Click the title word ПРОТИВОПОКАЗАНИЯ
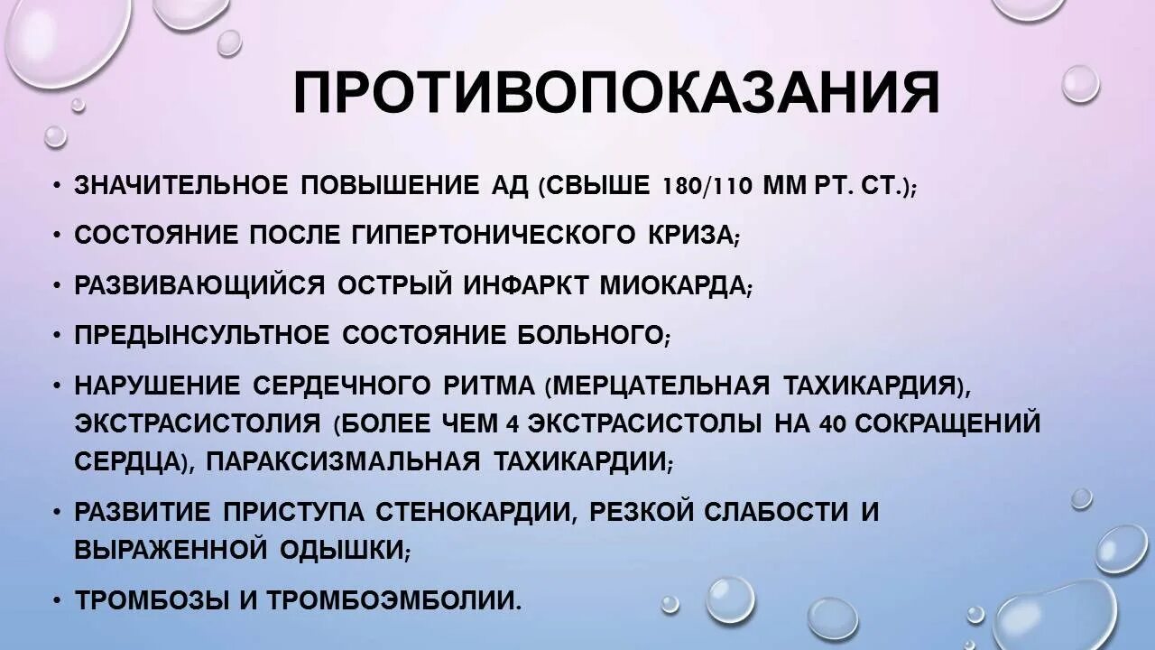point(615,94)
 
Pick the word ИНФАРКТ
point(526,285)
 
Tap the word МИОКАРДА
point(673,285)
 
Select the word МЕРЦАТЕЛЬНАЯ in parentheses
point(661,385)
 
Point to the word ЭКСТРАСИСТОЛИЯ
point(197,423)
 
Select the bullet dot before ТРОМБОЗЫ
point(57,599)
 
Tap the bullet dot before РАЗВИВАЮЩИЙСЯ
point(57,285)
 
